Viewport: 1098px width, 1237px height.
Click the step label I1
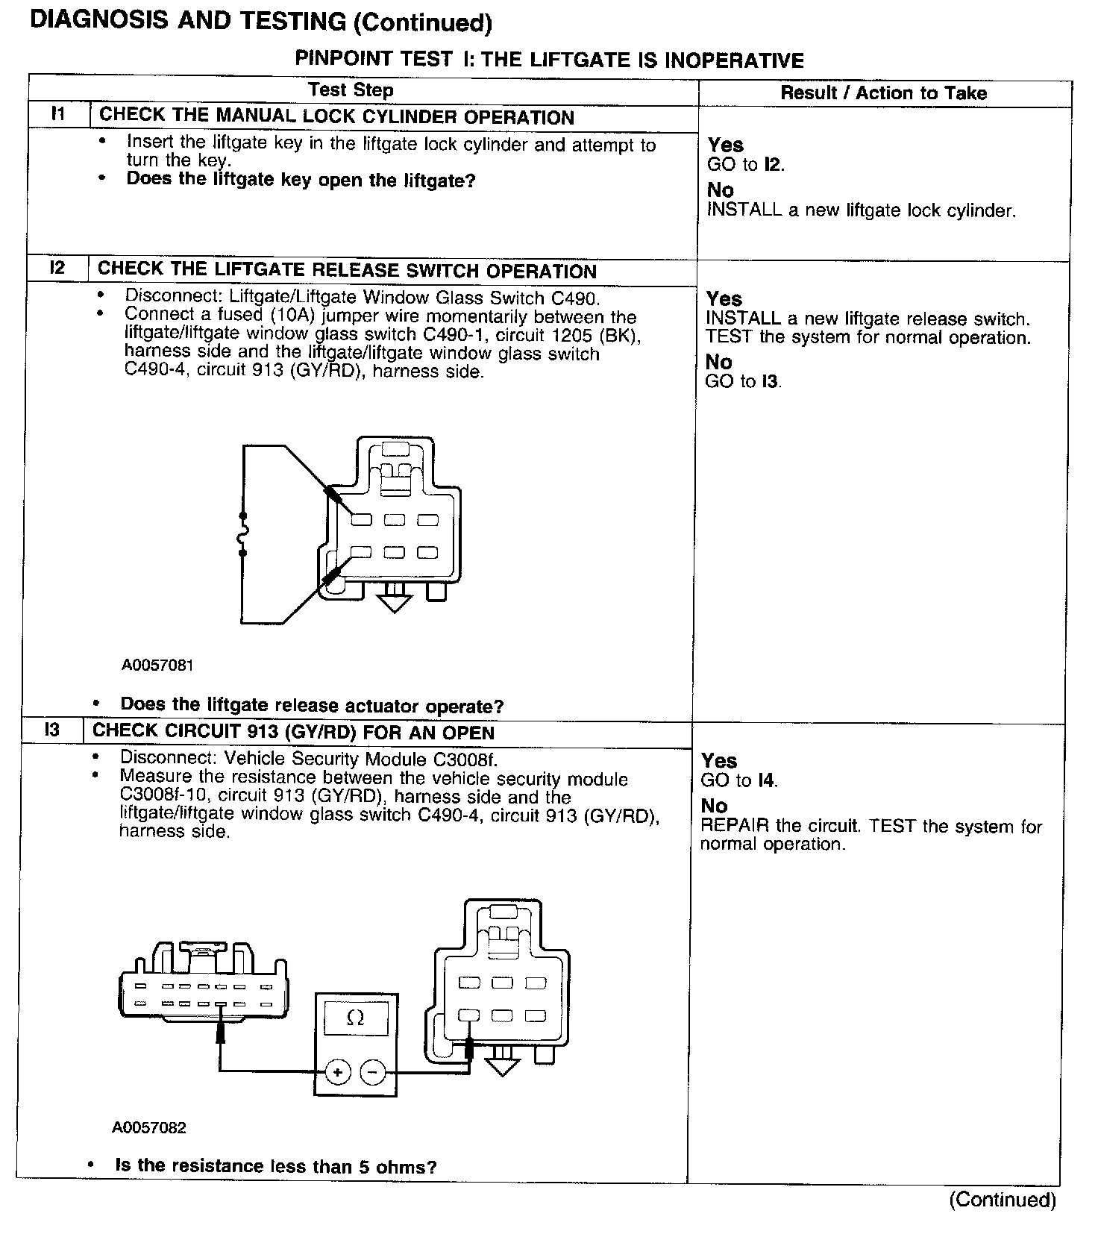click(x=58, y=115)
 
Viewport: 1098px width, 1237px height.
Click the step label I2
click(x=57, y=269)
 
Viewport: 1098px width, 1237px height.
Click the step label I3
click(x=51, y=730)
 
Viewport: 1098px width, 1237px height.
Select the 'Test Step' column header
click(x=351, y=90)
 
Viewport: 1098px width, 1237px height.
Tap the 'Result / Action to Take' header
click(x=883, y=93)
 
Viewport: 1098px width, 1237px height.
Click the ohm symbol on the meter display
click(x=356, y=1018)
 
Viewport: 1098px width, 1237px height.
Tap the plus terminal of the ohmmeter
click(x=338, y=1073)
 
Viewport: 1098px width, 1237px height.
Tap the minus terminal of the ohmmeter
click(x=373, y=1073)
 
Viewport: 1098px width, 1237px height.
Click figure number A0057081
click(x=157, y=665)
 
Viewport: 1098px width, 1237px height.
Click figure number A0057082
click(x=149, y=1127)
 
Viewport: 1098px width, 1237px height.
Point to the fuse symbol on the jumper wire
click(x=242, y=534)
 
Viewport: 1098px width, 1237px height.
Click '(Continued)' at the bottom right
click(x=1003, y=1200)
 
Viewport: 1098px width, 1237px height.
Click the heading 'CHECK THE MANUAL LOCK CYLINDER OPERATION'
click(x=336, y=117)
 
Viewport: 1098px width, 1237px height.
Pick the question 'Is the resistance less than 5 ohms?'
click(x=276, y=1166)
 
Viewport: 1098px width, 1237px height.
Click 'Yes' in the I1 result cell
click(x=725, y=145)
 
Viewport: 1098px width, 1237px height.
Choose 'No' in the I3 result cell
click(x=714, y=806)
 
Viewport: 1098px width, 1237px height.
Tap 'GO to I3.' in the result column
click(x=743, y=382)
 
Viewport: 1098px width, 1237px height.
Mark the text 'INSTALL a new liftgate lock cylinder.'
click(x=861, y=210)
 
